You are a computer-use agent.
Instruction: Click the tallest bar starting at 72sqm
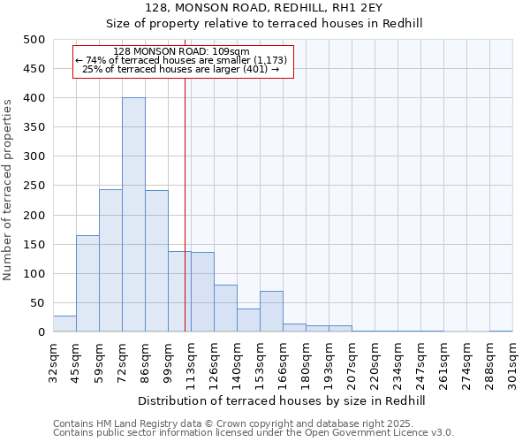tap(133, 215)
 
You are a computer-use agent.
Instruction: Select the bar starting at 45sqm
tap(87, 284)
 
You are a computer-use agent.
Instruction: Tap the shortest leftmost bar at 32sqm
tap(64, 324)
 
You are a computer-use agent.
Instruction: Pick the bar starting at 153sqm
tap(271, 312)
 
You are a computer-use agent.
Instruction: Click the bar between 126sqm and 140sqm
tap(225, 309)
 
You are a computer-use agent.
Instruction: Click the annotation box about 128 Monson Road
tap(182, 61)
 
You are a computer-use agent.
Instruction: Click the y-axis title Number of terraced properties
tap(8, 189)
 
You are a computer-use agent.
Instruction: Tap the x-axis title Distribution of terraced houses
tap(283, 400)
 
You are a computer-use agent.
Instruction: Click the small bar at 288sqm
tap(501, 331)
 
